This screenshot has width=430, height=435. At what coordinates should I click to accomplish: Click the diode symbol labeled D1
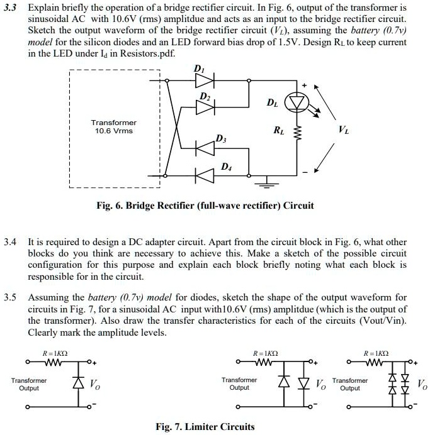205,80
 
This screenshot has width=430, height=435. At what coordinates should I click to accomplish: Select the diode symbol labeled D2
205,107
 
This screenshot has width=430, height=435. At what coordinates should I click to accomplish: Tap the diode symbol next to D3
205,148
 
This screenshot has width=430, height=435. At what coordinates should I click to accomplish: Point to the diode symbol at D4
205,175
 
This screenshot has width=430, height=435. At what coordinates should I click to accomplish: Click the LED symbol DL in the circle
297,102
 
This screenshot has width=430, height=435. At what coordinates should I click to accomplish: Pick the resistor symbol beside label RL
297,133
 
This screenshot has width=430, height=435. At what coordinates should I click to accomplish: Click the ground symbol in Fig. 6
267,182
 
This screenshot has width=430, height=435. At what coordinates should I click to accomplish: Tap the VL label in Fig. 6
344,129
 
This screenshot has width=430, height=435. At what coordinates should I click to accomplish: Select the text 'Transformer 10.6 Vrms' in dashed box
113,127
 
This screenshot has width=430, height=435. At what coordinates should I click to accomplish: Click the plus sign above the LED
305,85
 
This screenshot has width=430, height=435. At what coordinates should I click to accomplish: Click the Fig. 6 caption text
205,206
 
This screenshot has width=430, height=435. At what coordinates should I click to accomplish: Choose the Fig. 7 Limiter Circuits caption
205,426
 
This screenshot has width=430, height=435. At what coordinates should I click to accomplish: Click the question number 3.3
10,8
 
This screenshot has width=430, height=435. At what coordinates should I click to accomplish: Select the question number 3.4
10,242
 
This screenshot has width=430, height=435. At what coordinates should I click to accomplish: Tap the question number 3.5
10,297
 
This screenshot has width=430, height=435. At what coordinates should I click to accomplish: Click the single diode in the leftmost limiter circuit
78,383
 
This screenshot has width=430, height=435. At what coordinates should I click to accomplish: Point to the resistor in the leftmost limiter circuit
54,362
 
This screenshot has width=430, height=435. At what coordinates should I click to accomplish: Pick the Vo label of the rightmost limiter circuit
422,384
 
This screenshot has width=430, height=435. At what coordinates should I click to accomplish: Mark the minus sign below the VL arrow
305,173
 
